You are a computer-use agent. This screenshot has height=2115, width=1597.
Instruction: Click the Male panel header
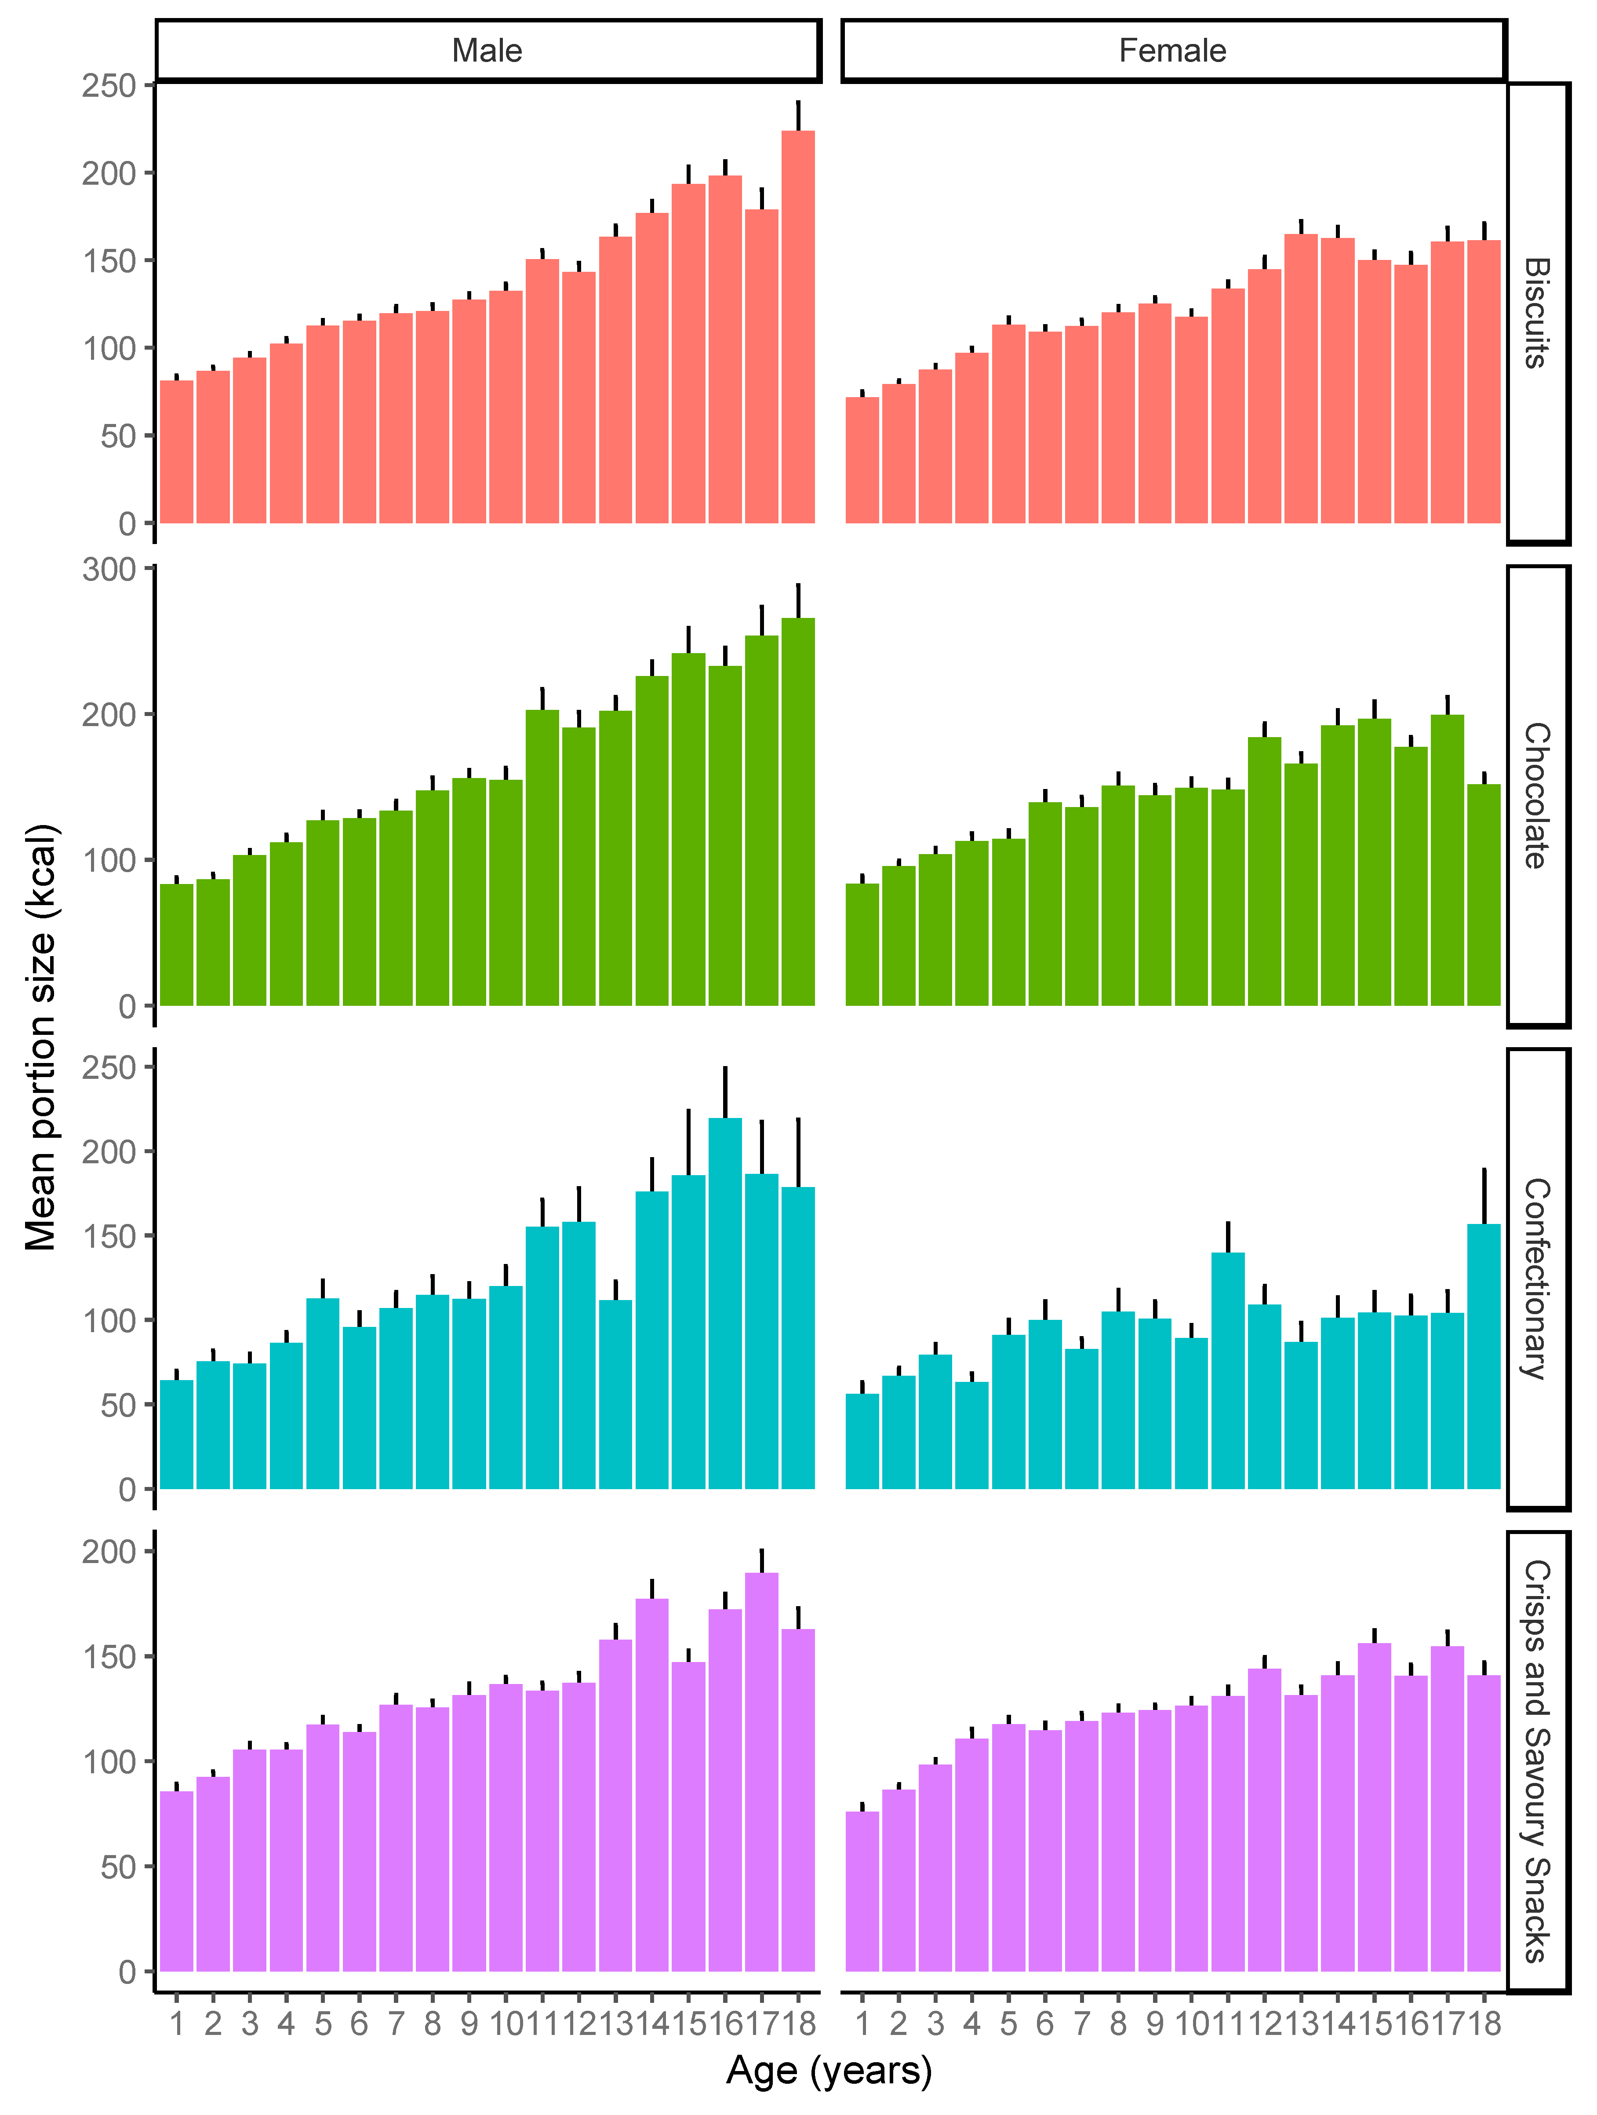coord(487,51)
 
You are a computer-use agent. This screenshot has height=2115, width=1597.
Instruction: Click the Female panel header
coord(1173,51)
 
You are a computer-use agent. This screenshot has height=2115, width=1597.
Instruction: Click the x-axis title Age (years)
coord(829,2071)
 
